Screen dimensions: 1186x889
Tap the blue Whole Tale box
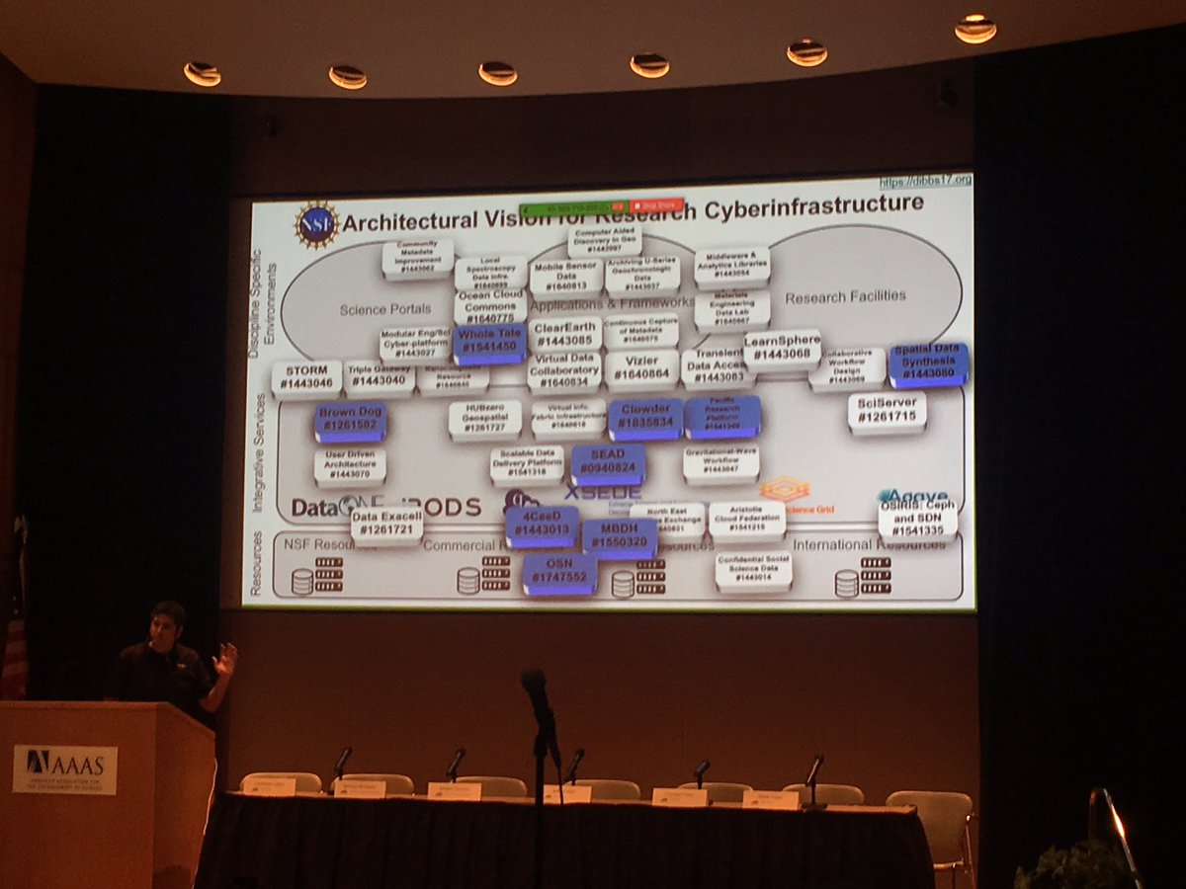point(489,343)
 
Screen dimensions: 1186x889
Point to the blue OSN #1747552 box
point(559,573)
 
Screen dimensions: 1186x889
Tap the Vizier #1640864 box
point(642,369)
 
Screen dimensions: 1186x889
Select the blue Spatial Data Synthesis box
point(927,365)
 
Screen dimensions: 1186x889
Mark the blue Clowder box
point(645,419)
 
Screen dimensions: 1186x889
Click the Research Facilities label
point(845,296)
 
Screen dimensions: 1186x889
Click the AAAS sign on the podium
point(65,768)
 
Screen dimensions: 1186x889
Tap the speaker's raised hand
point(226,659)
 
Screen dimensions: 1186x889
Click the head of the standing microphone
point(534,684)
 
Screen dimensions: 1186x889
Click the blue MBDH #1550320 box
point(620,538)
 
